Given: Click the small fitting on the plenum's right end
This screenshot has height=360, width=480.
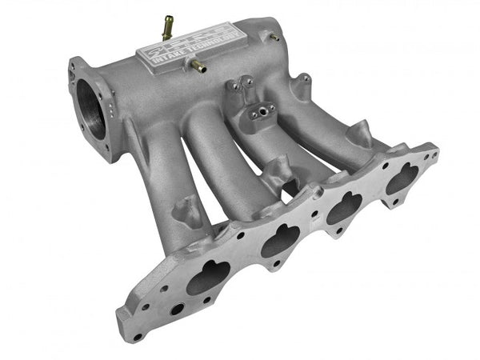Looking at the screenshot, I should tap(274, 37).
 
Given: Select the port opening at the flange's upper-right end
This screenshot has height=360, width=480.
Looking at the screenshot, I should tap(402, 182).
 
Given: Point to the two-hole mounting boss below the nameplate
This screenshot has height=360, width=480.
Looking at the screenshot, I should tap(239, 86).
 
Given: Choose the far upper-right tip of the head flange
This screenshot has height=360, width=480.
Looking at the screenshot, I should tap(433, 148).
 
